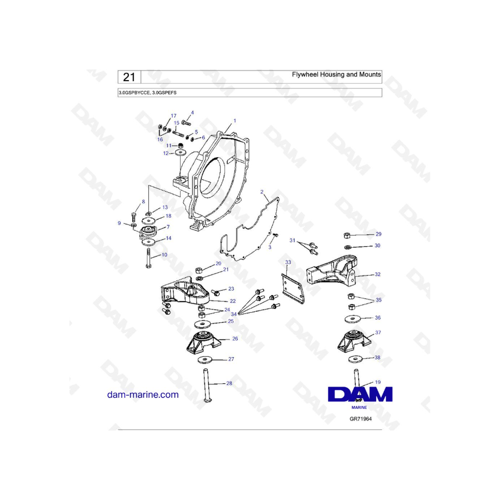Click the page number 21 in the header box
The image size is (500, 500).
(x=129, y=77)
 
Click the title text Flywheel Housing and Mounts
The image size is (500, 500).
(x=337, y=74)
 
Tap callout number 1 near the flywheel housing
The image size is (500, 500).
(x=234, y=121)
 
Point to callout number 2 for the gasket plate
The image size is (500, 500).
(x=262, y=192)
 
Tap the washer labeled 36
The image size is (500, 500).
(x=352, y=318)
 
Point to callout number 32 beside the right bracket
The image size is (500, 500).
(x=377, y=274)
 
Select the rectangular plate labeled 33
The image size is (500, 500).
(x=294, y=284)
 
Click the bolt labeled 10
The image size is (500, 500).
(x=149, y=259)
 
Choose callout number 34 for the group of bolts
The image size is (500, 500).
(x=234, y=314)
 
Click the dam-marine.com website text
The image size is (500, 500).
(x=143, y=395)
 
